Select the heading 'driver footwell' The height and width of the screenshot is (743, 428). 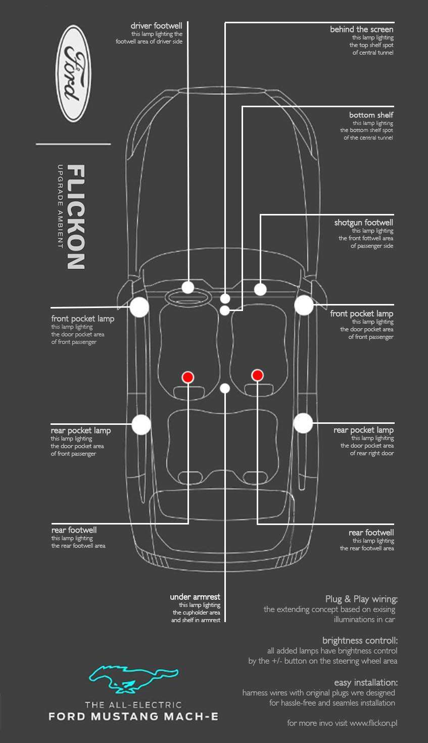156,26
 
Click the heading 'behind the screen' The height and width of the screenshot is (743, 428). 361,29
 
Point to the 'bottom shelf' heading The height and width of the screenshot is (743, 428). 371,115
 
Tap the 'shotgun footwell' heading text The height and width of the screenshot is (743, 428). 363,223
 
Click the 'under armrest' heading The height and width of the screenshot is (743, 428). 195,597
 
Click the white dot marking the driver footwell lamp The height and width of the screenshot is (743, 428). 188,287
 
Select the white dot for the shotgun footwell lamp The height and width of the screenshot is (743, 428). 260,289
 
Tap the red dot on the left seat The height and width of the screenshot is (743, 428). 188,377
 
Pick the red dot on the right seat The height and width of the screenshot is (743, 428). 257,375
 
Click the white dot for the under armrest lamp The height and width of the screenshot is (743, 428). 225,388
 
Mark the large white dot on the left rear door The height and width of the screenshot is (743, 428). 141,424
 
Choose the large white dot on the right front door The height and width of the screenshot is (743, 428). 304,305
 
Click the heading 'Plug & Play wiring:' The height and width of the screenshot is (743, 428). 361,599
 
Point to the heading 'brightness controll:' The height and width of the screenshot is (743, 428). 360,640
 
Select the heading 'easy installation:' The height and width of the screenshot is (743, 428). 366,682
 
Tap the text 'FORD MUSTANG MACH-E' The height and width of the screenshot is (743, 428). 133,716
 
